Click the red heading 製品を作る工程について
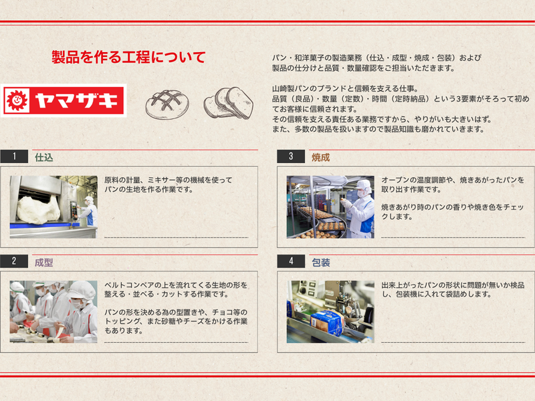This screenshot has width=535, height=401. tap(128, 57)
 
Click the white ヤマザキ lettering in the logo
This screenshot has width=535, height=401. tap(76, 100)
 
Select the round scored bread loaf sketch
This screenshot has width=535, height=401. tap(167, 104)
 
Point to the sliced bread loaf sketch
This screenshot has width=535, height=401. tap(228, 103)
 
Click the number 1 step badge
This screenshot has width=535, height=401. tap(14, 156)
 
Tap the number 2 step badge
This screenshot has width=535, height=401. tap(14, 261)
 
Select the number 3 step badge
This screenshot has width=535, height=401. tap(291, 156)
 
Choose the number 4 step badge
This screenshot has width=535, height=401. tap(291, 261)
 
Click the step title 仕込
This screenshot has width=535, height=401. tap(43, 157)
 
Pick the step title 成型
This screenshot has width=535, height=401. tap(43, 262)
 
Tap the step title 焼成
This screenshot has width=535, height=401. tap(321, 157)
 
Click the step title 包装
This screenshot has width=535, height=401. tap(321, 262)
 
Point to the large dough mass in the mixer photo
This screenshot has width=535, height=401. tap(39, 209)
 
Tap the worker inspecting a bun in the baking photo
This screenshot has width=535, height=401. tap(360, 209)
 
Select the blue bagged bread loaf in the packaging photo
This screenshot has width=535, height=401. tap(327, 322)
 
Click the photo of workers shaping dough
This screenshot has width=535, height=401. tap(53, 311)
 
